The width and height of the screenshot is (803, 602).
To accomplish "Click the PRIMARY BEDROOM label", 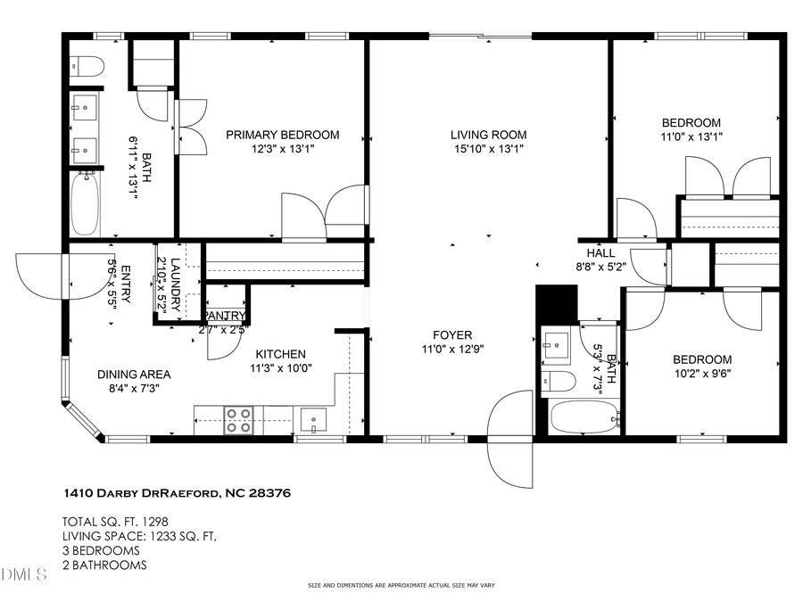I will click(x=282, y=135).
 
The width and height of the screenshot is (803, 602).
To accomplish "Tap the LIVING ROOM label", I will click(x=486, y=135).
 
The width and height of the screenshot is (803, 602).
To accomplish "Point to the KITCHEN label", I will click(x=281, y=354).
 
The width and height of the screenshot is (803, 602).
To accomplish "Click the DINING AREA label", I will click(x=134, y=375).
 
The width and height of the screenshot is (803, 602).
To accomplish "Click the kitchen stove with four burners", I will click(x=238, y=419).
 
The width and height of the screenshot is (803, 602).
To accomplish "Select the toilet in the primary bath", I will click(x=87, y=64).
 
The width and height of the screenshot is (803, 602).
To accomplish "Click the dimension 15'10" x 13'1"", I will click(x=486, y=150).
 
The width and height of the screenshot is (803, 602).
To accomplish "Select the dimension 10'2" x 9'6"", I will click(x=702, y=375).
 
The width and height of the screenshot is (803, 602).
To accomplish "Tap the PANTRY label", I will click(x=225, y=316).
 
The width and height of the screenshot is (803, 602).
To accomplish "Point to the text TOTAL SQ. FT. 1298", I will click(x=115, y=522).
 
